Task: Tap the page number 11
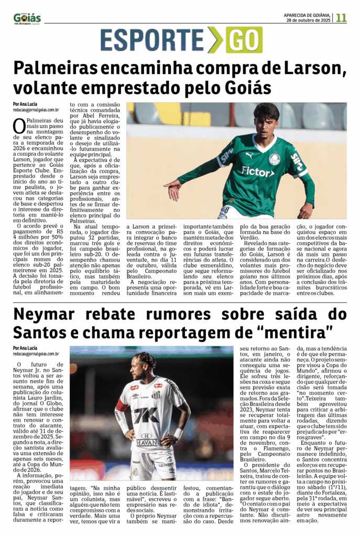tap(341, 17)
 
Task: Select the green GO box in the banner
tap(244, 40)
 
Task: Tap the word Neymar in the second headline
tap(47, 315)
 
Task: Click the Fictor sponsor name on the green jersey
tap(257, 171)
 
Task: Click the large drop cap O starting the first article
tap(19, 126)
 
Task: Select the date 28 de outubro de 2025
tap(308, 20)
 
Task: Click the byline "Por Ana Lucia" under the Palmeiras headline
tap(25, 103)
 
